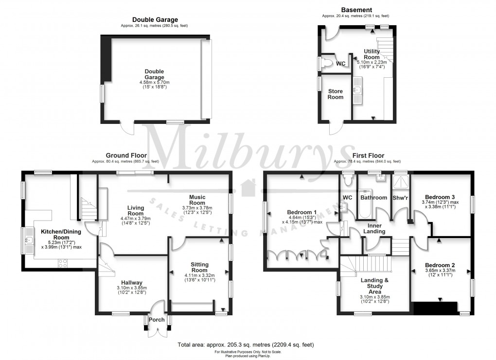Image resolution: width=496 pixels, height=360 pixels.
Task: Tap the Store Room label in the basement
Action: click(x=335, y=94)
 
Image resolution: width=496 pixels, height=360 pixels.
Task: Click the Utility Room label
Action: click(x=372, y=54)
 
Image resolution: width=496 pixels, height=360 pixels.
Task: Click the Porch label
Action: click(x=157, y=319)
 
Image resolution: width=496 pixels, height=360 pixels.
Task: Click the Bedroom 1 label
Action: click(x=302, y=212)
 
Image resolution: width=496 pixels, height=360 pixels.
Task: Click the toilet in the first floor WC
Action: click(x=348, y=181)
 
